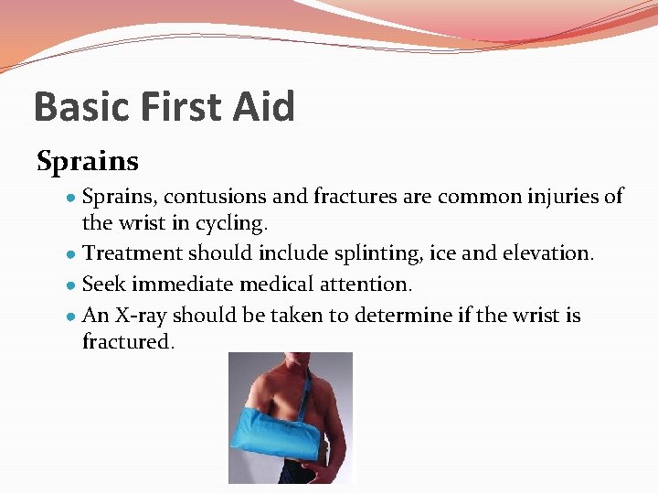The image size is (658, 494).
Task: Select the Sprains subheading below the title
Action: (88, 162)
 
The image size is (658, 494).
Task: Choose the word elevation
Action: (551, 252)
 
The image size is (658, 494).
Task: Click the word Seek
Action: (104, 285)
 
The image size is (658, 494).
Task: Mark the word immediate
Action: (183, 285)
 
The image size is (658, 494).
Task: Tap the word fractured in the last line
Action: (126, 342)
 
